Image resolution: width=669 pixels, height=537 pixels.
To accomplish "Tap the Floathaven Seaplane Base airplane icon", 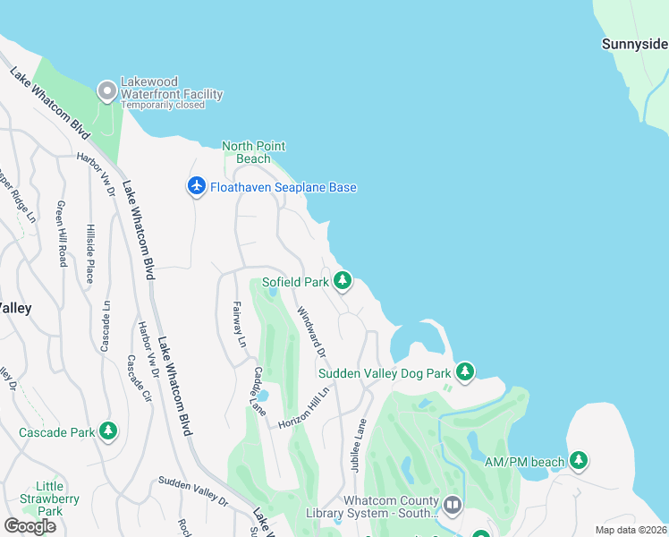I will pyautogui.click(x=197, y=186).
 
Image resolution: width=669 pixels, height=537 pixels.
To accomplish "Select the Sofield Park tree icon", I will pyautogui.click(x=342, y=282).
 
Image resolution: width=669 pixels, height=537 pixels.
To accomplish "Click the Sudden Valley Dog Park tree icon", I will pyautogui.click(x=464, y=371).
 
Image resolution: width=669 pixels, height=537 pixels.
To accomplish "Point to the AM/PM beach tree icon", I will pyautogui.click(x=579, y=461).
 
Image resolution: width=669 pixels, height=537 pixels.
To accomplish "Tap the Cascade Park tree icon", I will pyautogui.click(x=108, y=431).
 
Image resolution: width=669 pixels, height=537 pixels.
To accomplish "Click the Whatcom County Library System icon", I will pyautogui.click(x=453, y=506).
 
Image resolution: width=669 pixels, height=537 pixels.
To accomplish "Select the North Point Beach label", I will pyautogui.click(x=253, y=152).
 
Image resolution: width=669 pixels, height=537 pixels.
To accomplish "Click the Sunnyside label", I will pyautogui.click(x=633, y=43).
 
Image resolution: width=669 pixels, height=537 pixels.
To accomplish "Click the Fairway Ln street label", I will pyautogui.click(x=239, y=323).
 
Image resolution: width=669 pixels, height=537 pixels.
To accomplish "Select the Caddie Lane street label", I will pyautogui.click(x=258, y=391).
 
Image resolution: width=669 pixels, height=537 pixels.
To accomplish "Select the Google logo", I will pyautogui.click(x=30, y=526).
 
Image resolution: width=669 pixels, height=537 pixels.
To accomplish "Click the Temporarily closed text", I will pyautogui.click(x=163, y=105).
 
